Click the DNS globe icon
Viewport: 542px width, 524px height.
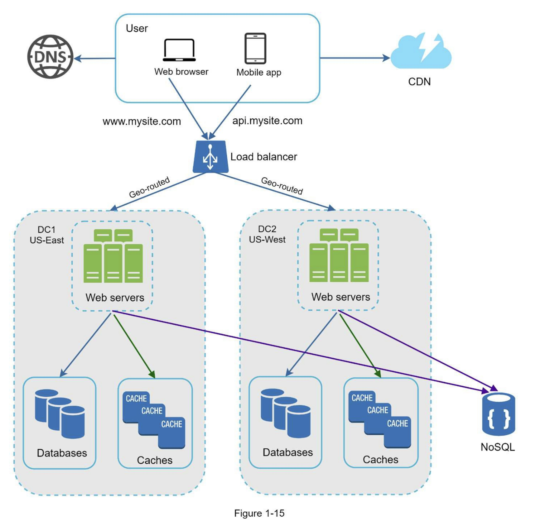pos(50,57)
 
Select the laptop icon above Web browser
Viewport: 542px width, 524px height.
pos(179,50)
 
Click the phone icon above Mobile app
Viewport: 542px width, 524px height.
pos(255,48)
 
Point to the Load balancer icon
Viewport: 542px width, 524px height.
pos(211,157)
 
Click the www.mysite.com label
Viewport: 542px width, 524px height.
pos(141,121)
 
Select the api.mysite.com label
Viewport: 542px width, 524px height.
pos(267,121)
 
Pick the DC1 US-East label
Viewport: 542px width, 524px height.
pos(46,235)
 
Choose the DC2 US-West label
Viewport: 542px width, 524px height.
pos(267,234)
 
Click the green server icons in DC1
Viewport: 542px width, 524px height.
pos(113,256)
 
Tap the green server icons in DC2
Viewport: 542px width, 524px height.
pos(339,255)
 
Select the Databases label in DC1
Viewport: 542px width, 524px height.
pos(62,453)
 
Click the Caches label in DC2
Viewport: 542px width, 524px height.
pos(380,460)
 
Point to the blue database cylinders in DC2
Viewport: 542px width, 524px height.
pos(285,413)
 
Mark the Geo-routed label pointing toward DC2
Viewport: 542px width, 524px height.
pos(282,186)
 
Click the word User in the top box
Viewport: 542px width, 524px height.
pos(137,28)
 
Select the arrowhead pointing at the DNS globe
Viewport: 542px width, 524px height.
pos(78,58)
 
